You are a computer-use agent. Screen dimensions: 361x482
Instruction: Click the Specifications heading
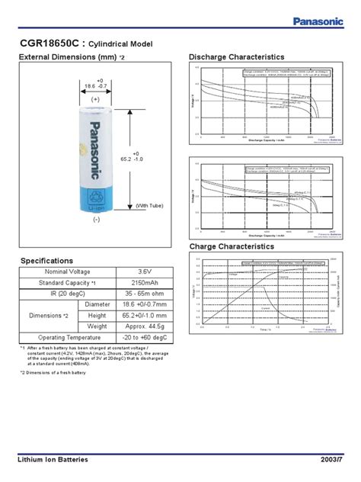pos(46,261)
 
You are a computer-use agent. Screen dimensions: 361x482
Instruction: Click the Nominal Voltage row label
pos(66,272)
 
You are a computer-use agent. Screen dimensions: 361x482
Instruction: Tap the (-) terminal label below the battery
pos(97,220)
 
